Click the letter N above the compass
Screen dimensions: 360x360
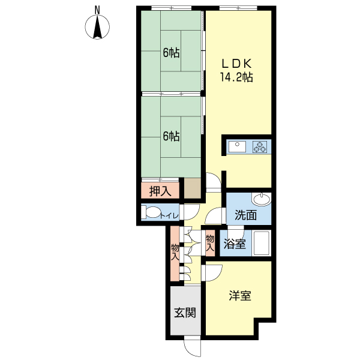click(98, 10)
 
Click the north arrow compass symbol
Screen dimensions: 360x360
click(98, 27)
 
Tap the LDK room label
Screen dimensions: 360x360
click(238, 63)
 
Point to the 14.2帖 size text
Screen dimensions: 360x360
click(238, 77)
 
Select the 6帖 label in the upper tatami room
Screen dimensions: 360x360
click(171, 52)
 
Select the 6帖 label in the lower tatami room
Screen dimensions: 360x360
click(171, 136)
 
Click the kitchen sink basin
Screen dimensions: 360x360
click(236, 146)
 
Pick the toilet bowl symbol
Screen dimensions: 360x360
click(152, 213)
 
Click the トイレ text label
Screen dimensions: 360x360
click(171, 214)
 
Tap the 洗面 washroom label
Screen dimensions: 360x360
click(245, 215)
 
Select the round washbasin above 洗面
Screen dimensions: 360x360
click(262, 199)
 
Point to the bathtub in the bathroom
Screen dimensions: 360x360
click(261, 244)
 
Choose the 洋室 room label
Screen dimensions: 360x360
click(240, 296)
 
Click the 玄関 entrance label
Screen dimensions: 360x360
click(185, 312)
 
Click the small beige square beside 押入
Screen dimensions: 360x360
click(193, 190)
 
